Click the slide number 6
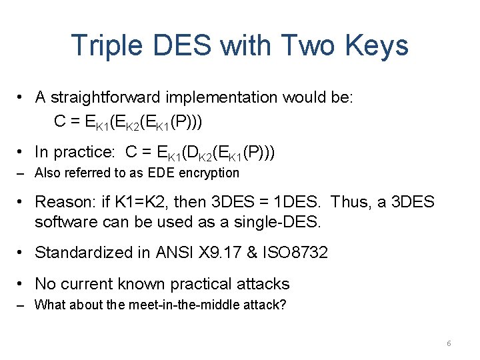(449, 343)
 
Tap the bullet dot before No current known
(22, 284)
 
